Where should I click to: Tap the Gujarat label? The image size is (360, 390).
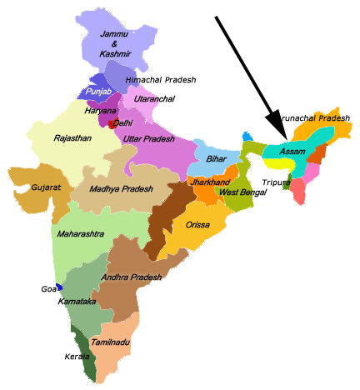point(47,187)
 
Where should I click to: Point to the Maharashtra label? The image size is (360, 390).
point(82,234)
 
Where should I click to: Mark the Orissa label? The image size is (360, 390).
point(197,224)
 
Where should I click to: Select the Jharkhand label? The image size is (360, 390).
point(210,181)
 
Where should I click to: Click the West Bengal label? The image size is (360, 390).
point(242,192)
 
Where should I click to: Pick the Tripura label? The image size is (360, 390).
point(276,182)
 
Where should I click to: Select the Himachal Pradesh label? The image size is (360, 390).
point(160,79)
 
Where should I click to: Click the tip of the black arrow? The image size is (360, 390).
point(285,138)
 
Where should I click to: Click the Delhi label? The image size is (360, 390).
point(122,122)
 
